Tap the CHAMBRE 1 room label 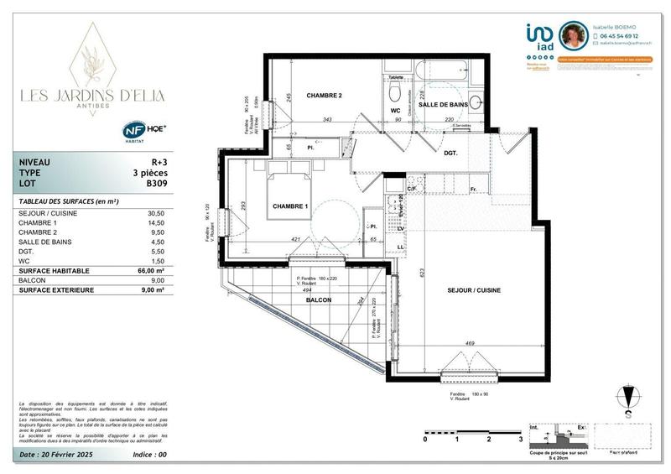coord(290,206)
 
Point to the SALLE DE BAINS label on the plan coord(442,104)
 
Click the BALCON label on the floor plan coord(319,300)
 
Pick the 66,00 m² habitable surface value coord(150,271)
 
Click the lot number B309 coord(157,183)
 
